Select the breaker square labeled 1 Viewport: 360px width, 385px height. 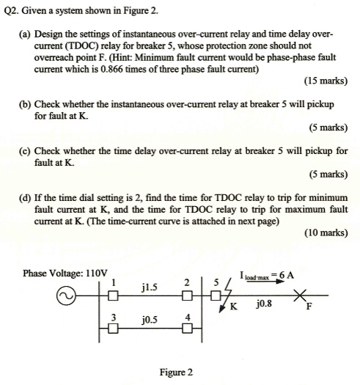pyautogui.click(x=114, y=297)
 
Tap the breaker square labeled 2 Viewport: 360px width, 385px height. pyautogui.click(x=188, y=297)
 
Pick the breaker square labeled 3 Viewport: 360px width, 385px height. pyautogui.click(x=114, y=328)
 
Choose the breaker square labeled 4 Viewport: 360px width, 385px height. pyautogui.click(x=188, y=328)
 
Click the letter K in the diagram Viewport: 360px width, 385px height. pyautogui.click(x=234, y=308)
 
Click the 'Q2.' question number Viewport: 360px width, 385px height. pyautogui.click(x=12, y=13)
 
